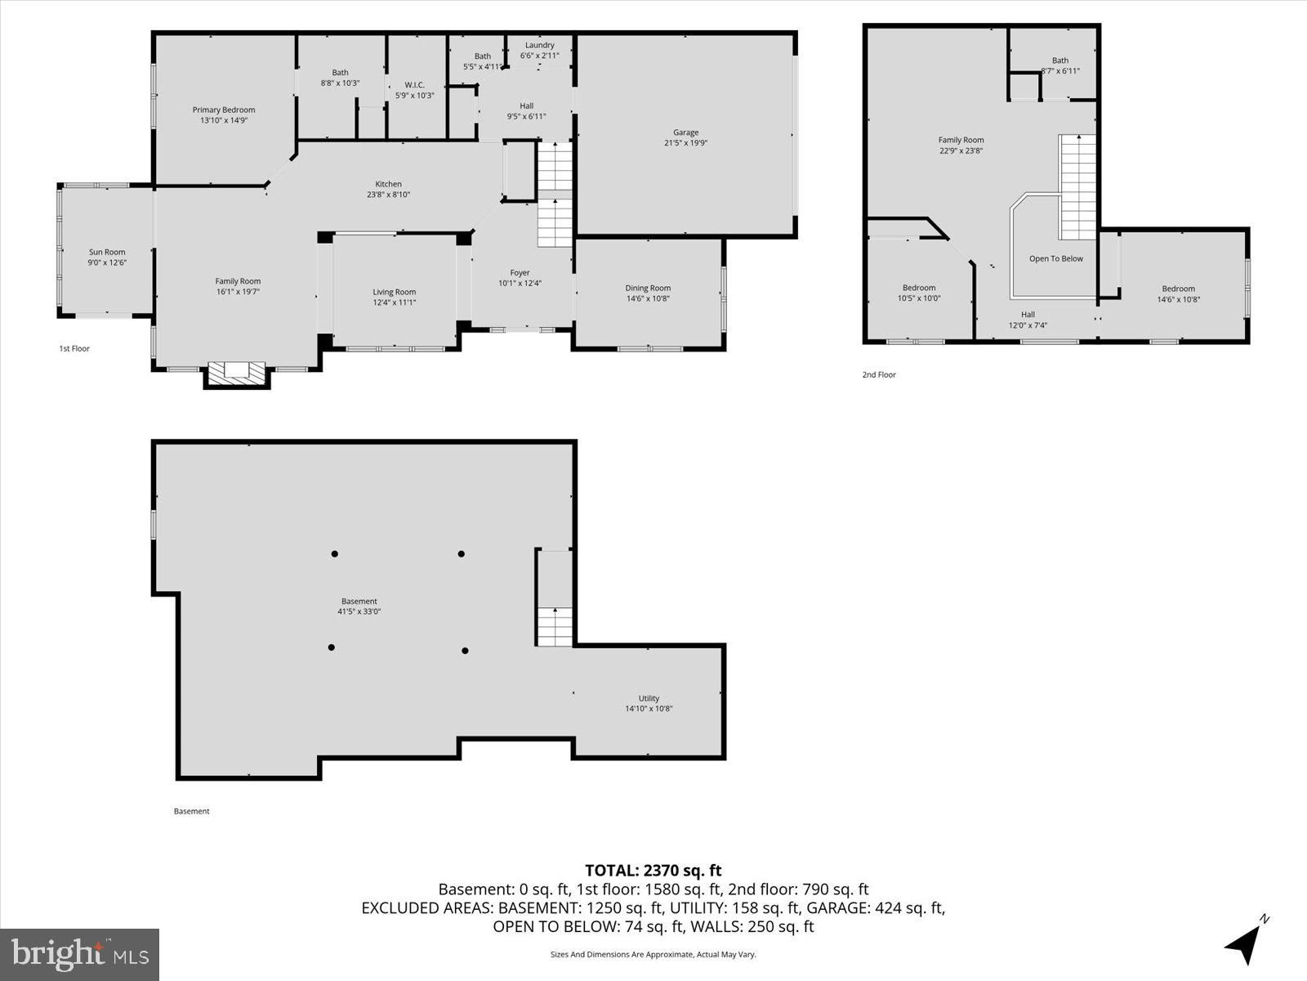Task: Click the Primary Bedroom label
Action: [223, 110]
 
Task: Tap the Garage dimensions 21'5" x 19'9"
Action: [685, 143]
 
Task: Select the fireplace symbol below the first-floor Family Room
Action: [236, 374]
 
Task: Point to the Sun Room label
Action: [107, 252]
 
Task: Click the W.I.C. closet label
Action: [414, 85]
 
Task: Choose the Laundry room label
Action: [539, 45]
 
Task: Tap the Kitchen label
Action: [388, 184]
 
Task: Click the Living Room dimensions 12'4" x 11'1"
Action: [395, 302]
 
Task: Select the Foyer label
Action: [520, 273]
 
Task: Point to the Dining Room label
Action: [648, 289]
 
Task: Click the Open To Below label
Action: [1056, 258]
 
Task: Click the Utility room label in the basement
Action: [649, 698]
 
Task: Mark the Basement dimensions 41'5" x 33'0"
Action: [359, 611]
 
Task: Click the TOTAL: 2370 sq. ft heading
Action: [653, 871]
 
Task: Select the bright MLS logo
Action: [80, 954]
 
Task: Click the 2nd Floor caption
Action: [879, 374]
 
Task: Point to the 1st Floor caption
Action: [74, 348]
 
